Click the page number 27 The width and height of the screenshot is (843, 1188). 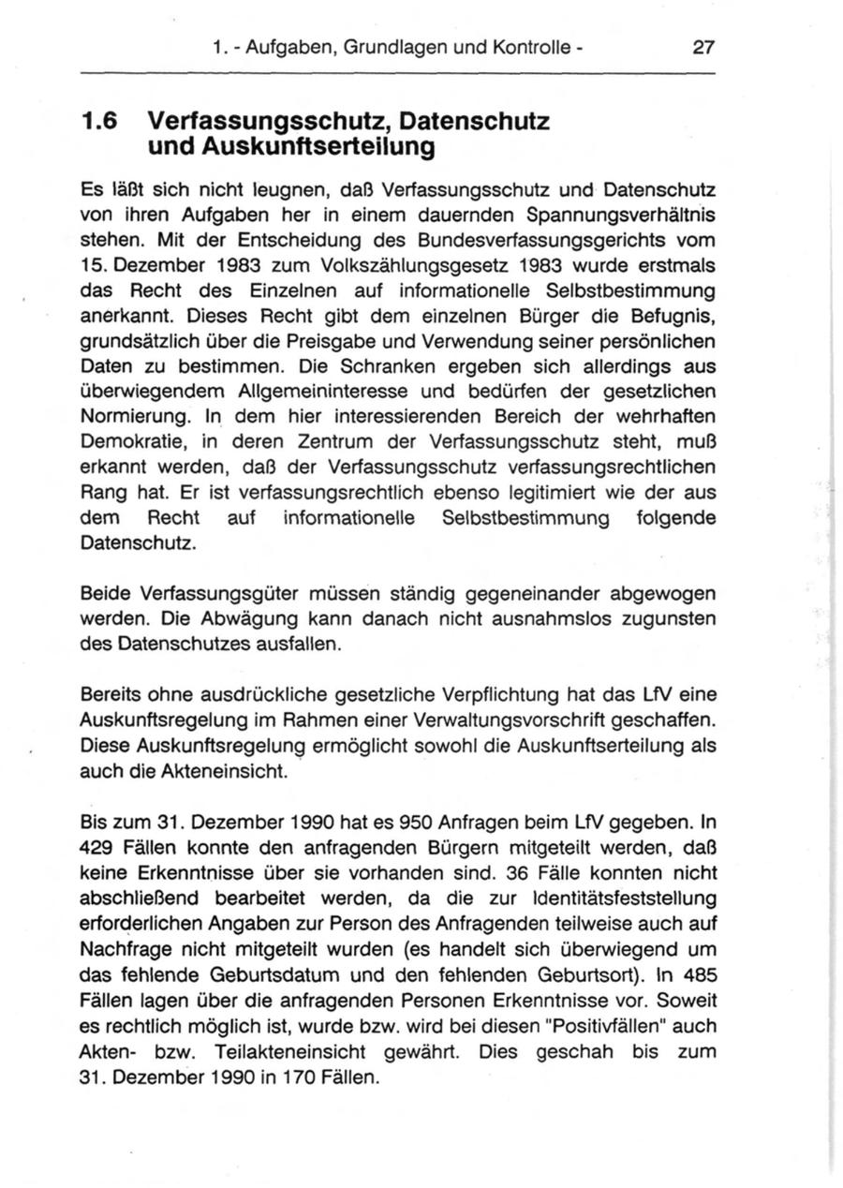pos(703,45)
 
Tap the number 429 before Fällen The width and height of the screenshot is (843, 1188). pos(98,849)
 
